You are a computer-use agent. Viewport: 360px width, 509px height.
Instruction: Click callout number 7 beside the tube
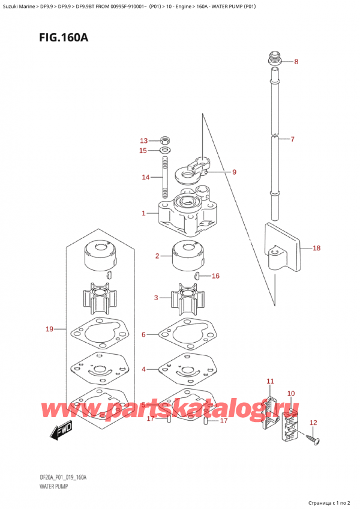pos(292,139)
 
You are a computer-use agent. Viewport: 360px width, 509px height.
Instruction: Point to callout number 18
pos(317,247)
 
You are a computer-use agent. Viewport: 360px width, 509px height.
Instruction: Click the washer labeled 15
pos(165,150)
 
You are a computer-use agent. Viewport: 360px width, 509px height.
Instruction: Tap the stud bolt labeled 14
pos(164,176)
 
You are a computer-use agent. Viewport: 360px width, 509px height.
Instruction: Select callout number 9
pos(234,172)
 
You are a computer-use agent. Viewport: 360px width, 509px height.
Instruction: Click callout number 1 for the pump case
pos(143,213)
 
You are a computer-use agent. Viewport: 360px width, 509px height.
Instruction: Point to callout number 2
pos(157,256)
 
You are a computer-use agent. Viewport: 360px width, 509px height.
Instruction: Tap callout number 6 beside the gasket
pos(143,334)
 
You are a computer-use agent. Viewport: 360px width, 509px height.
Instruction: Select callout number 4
pos(143,369)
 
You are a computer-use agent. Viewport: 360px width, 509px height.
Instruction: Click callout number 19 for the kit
pos(50,329)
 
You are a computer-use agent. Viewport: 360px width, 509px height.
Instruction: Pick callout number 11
pos(270,381)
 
